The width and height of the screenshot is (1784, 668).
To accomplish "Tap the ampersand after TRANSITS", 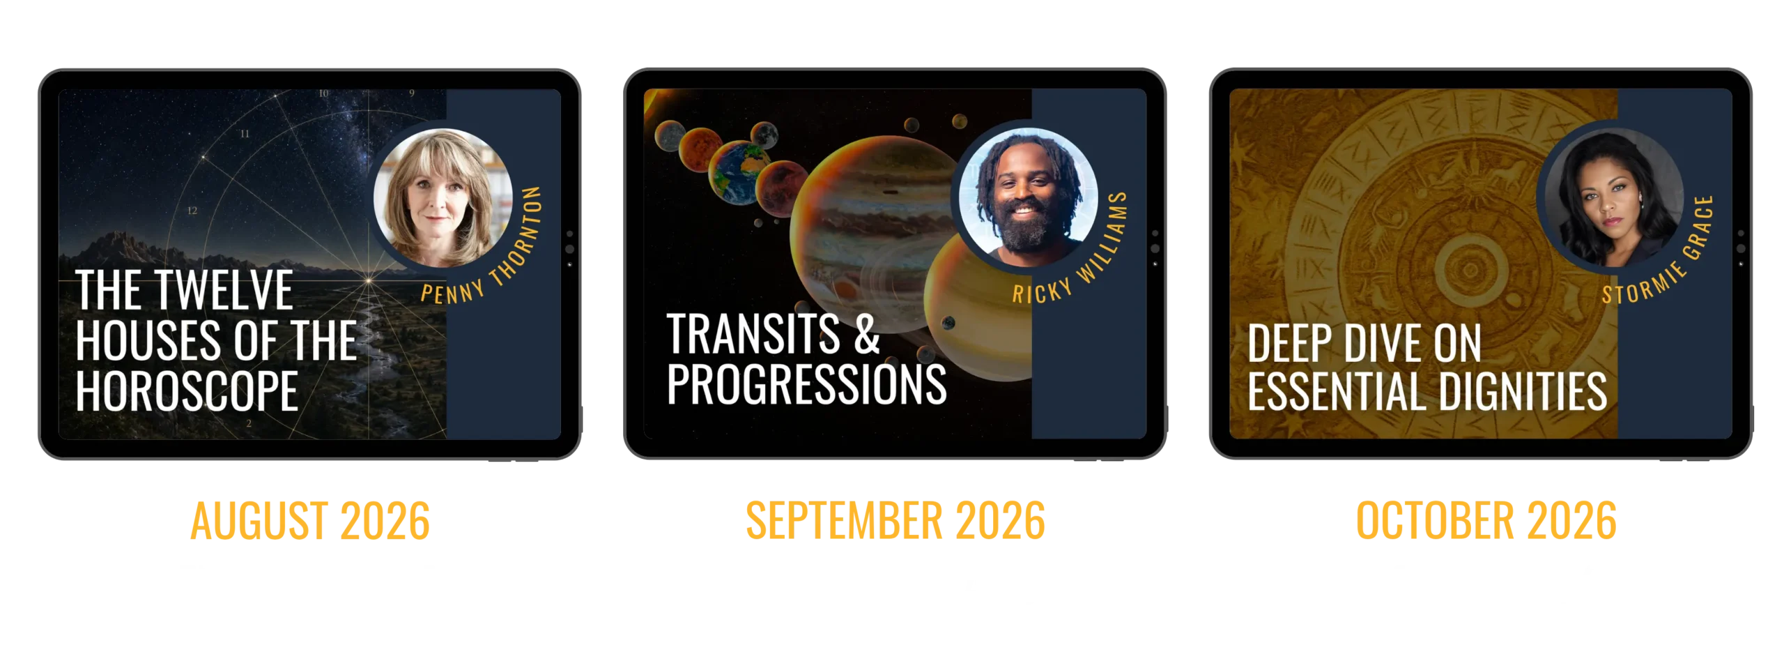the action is (x=867, y=334).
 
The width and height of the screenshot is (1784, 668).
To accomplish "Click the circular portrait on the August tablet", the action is (x=443, y=198).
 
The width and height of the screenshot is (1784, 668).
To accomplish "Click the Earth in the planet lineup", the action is (x=734, y=172).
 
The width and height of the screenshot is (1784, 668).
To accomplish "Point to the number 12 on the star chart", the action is (x=192, y=211).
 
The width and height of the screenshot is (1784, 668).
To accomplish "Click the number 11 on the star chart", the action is (x=245, y=134).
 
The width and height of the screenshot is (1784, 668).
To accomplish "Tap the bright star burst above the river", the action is (x=369, y=281).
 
